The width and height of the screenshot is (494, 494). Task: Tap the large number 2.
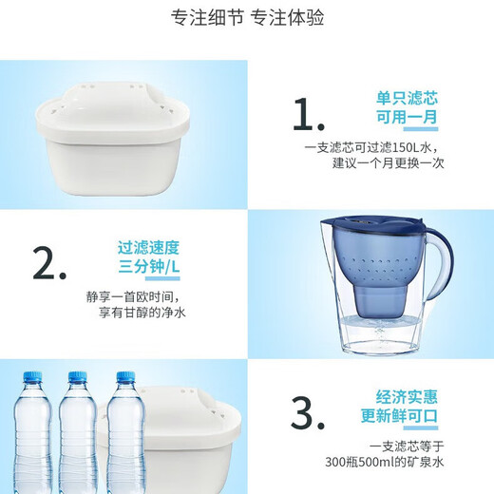coord(49,262)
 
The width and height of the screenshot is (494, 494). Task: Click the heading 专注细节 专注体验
coord(247,19)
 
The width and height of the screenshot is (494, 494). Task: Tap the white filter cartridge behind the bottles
coord(190,437)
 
